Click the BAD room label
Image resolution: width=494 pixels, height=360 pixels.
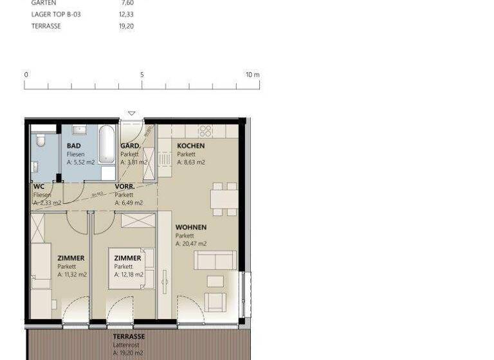click(x=74, y=146)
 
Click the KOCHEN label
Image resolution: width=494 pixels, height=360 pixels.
click(x=191, y=146)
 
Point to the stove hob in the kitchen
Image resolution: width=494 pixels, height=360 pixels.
click(x=205, y=131)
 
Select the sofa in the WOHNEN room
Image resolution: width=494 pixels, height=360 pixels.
click(x=214, y=260)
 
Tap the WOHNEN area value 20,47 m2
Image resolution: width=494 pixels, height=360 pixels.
click(x=191, y=244)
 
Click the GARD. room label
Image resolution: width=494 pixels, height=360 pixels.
click(x=131, y=146)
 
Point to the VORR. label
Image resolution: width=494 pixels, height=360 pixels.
click(x=124, y=186)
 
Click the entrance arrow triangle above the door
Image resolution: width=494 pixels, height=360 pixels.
click(x=132, y=114)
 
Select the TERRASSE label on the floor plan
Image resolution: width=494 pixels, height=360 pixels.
click(x=129, y=336)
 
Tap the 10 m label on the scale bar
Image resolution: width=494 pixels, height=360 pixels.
click(x=252, y=75)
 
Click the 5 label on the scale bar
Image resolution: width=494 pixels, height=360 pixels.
click(x=142, y=75)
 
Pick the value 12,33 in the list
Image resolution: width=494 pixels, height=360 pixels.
click(x=127, y=14)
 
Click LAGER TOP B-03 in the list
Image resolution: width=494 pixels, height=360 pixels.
click(x=56, y=14)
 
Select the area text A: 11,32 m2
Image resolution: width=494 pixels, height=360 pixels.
click(x=72, y=274)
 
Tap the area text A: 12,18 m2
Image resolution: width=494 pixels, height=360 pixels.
click(x=129, y=274)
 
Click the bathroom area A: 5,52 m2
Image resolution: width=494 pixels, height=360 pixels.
click(x=80, y=163)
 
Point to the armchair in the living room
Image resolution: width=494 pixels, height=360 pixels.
click(x=214, y=301)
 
